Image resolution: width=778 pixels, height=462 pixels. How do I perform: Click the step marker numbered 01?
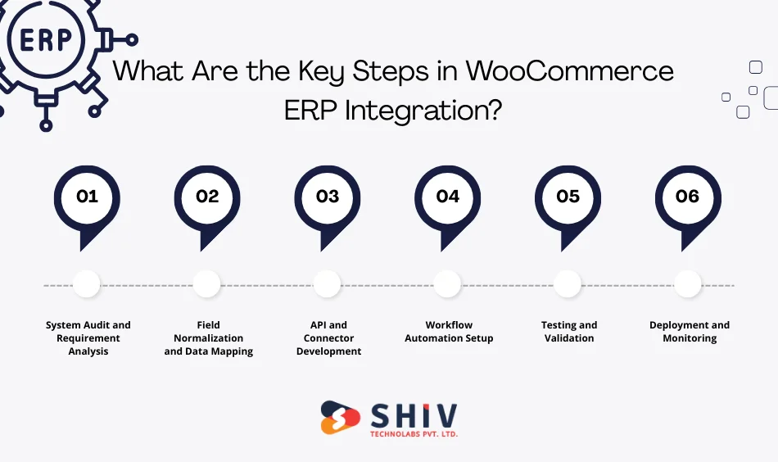pos(87,197)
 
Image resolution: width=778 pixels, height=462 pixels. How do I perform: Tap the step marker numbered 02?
pos(207,197)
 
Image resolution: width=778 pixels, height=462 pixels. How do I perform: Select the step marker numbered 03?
pos(328,197)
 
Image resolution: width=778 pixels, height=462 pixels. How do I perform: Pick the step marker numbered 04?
pos(448,197)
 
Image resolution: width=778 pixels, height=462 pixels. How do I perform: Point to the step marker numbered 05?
pos(568,197)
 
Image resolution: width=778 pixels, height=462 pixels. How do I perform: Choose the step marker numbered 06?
pos(688,197)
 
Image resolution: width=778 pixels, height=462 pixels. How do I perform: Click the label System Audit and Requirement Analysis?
pos(88,338)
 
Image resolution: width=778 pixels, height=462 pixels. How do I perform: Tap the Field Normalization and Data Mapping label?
pos(208,338)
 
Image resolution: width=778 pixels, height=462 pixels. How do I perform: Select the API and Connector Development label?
pos(328,338)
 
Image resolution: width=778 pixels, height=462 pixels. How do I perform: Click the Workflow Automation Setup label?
pos(449,332)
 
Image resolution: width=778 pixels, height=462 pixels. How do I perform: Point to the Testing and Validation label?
pos(569,332)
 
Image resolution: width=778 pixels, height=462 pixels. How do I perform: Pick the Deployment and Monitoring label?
pos(690,332)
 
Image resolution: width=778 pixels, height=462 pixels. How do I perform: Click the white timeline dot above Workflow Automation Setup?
pos(447,284)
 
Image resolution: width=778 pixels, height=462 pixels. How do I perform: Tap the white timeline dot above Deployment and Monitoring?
pos(688,284)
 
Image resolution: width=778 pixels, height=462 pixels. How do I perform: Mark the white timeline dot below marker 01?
pos(86,284)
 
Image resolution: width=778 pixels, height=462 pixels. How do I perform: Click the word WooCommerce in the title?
pos(569,71)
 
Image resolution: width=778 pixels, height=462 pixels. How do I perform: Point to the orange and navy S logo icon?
pos(340,417)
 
